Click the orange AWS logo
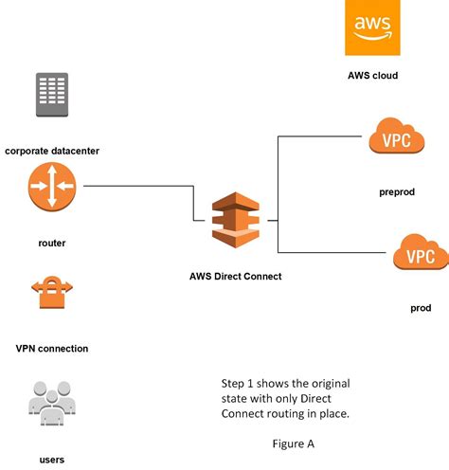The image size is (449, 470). [x=371, y=31]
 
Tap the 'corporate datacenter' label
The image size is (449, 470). [x=51, y=151]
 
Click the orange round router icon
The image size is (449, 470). [x=52, y=187]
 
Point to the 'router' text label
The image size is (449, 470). [x=52, y=244]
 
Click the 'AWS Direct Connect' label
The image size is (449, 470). [x=235, y=276]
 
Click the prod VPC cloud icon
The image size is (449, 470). [x=419, y=256]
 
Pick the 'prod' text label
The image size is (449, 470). [x=422, y=308]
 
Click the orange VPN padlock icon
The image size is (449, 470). [x=52, y=295]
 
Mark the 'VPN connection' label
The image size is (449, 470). [x=52, y=349]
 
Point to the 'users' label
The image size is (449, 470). [x=52, y=460]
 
